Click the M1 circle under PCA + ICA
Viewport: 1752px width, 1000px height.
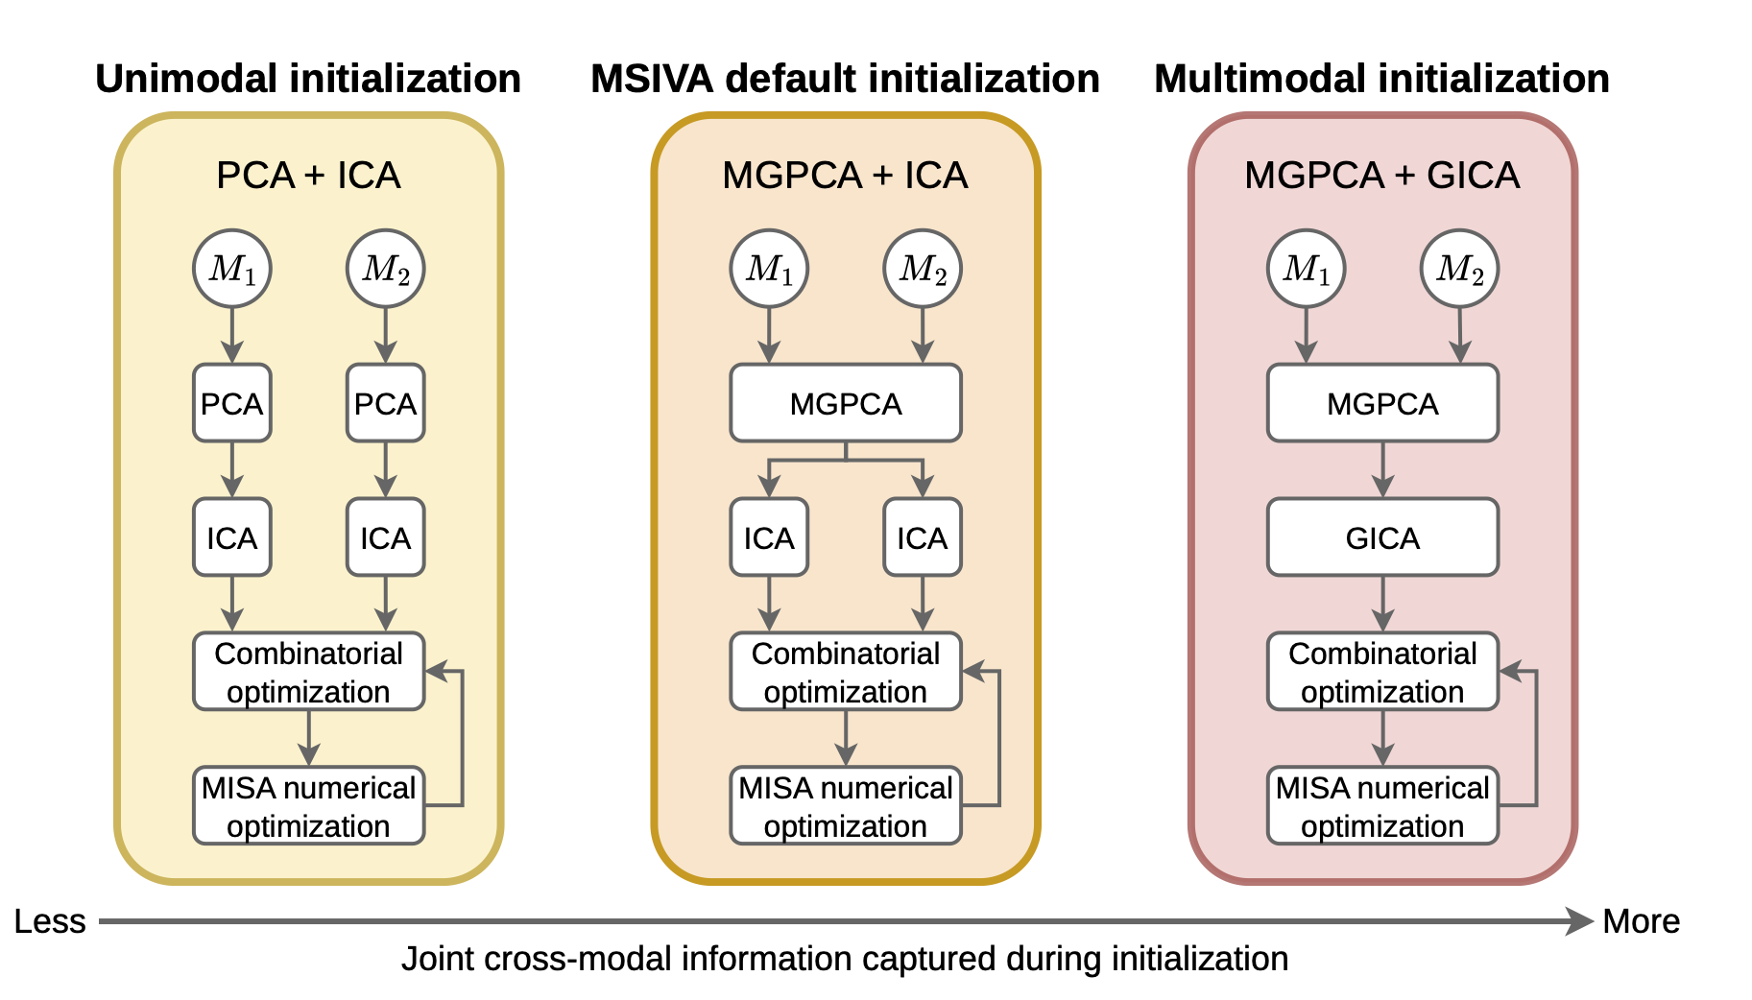click(232, 269)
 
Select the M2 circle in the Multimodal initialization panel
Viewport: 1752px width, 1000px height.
click(1459, 269)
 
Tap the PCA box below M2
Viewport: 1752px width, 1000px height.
click(385, 403)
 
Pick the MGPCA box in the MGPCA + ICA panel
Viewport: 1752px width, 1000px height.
click(846, 403)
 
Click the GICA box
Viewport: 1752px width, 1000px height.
click(1382, 537)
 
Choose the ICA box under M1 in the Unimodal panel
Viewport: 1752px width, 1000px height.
click(232, 537)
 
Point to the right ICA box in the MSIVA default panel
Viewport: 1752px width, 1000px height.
click(923, 537)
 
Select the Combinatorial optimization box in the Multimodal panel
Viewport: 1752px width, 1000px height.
click(1382, 672)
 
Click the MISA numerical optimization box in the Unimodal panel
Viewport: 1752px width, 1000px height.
click(308, 806)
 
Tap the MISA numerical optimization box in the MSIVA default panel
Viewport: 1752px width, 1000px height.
click(846, 806)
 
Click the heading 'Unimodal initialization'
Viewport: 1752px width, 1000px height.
click(308, 79)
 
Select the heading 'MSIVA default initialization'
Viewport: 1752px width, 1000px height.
click(845, 79)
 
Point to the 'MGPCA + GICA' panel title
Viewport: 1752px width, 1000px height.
click(1382, 176)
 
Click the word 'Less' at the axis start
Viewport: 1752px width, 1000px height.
click(50, 921)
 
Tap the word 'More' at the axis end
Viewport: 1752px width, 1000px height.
click(1642, 921)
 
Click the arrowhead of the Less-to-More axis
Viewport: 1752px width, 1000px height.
click(1580, 921)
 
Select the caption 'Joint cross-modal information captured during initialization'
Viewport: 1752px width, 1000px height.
click(845, 959)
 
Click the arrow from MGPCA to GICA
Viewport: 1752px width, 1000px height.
click(1382, 469)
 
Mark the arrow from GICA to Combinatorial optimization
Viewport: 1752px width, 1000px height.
click(1382, 604)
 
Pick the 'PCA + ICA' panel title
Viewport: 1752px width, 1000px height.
click(308, 176)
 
